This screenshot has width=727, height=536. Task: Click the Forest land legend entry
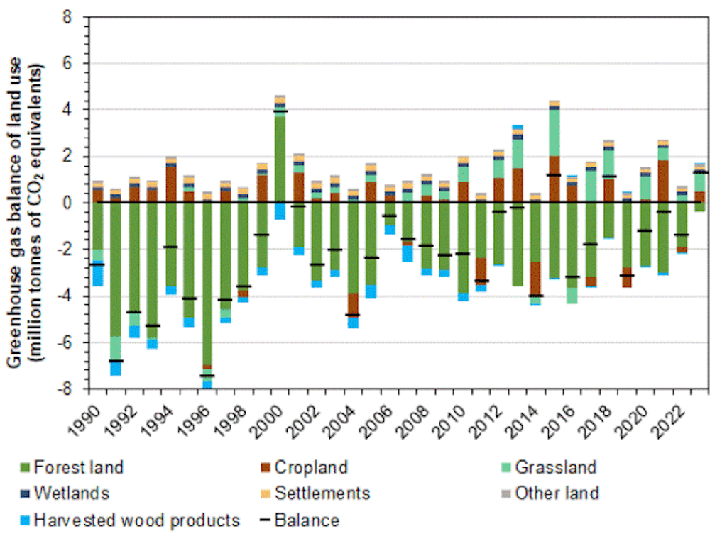72,467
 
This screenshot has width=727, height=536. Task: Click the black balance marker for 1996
207,376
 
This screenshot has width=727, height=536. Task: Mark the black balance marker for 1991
115,361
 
